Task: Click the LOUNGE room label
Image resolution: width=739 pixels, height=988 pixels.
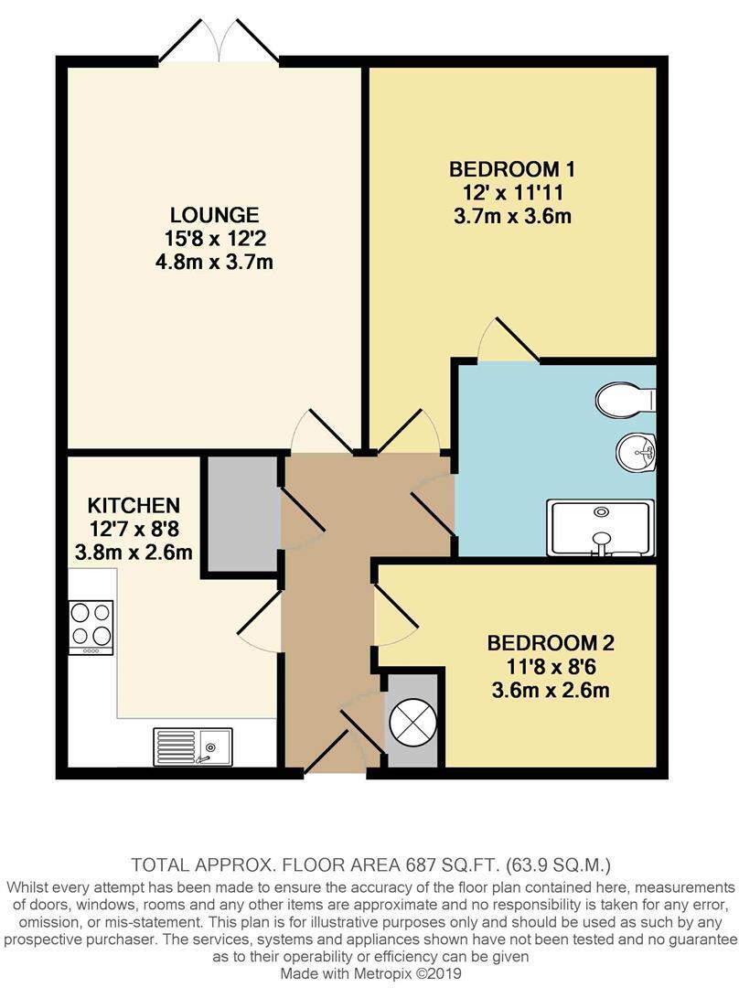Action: [214, 216]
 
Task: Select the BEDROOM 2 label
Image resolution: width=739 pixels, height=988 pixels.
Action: [548, 642]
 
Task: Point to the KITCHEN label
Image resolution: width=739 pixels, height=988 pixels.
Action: [133, 505]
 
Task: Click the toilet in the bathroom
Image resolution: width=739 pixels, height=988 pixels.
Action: [625, 399]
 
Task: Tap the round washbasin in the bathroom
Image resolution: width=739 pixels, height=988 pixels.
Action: [636, 451]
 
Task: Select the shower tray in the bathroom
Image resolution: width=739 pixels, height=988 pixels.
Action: [601, 528]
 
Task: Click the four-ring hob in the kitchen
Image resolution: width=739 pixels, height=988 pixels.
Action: [91, 626]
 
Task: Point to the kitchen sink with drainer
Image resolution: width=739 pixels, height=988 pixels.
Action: [192, 746]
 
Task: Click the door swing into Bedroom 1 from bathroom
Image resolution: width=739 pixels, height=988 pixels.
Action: [509, 340]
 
